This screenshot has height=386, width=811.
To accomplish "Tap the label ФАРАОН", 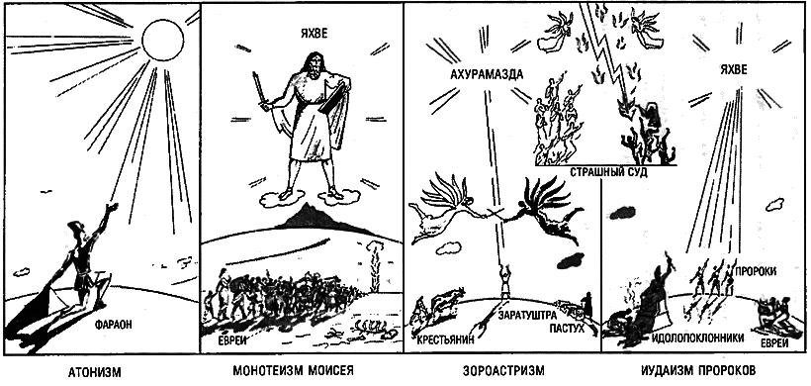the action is (114, 325).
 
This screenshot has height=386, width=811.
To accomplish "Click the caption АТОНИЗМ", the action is (95, 372).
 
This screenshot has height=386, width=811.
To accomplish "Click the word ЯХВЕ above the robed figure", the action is (313, 35).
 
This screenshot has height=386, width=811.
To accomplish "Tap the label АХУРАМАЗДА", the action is (486, 75).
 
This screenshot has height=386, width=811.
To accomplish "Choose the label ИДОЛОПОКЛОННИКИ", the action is (698, 338).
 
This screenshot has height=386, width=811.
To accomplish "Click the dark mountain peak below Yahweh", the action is (308, 217).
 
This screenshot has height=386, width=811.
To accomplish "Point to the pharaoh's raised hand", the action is (111, 208).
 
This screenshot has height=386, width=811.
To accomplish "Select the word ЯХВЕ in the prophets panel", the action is (734, 71).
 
